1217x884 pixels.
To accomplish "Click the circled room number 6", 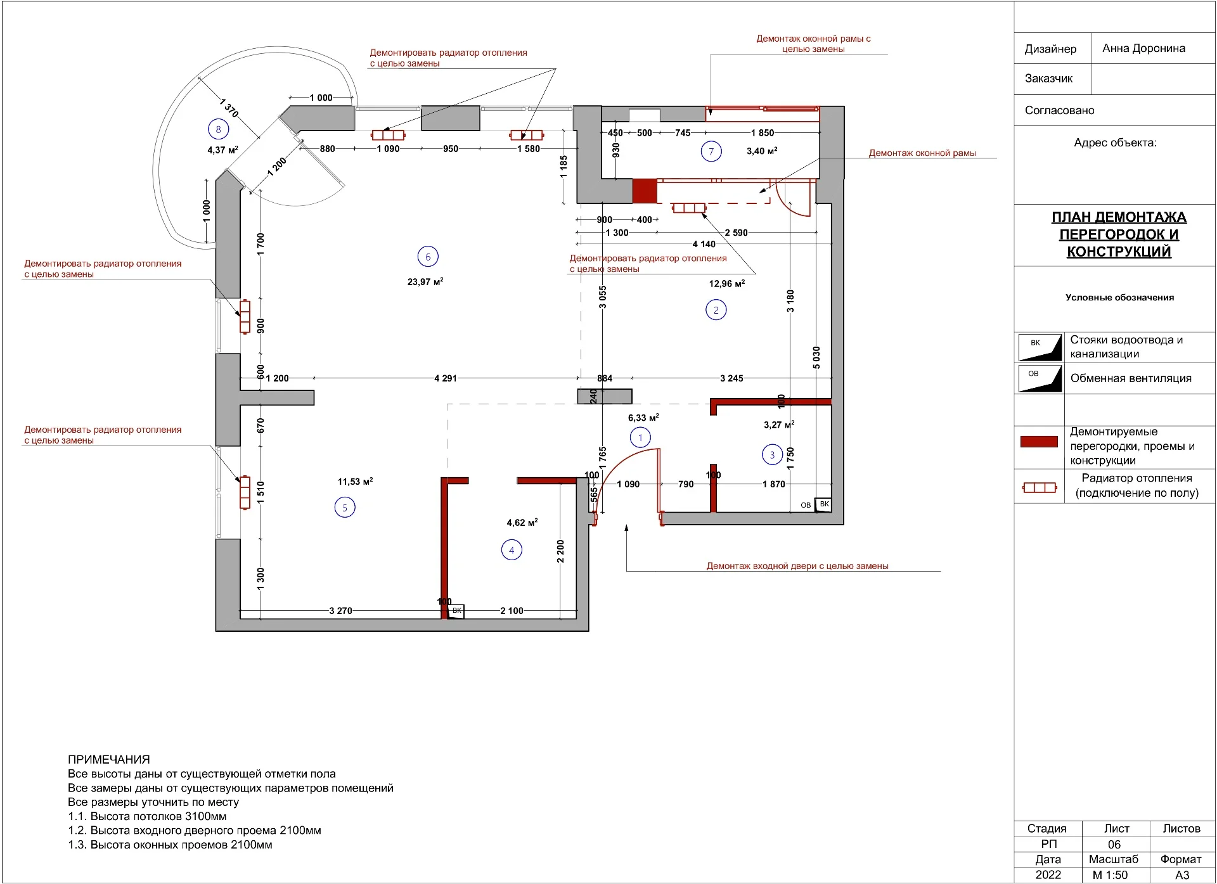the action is click(428, 257).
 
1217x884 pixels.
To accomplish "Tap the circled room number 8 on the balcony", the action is click(218, 129).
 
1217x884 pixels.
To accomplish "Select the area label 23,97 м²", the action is click(425, 282).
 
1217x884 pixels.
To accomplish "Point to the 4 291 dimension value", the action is click(446, 378).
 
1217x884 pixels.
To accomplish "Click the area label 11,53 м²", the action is click(355, 482).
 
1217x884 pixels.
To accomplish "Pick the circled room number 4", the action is click(512, 550).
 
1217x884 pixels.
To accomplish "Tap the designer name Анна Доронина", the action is click(1143, 49).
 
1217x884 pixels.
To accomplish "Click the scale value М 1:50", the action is click(1110, 875).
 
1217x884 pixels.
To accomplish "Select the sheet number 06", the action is click(1114, 845).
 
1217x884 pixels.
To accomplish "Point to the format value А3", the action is click(1182, 875).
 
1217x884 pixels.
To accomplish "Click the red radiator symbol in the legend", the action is click(1040, 488).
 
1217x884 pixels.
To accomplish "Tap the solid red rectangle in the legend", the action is click(1039, 442).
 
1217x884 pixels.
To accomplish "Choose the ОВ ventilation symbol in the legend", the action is click(1040, 378).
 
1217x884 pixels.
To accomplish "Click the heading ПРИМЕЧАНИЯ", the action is click(109, 759).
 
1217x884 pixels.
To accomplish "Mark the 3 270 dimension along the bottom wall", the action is click(340, 611).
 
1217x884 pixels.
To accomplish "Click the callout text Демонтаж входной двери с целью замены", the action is click(797, 566).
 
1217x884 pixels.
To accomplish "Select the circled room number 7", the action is click(711, 151).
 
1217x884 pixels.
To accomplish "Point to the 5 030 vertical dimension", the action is click(816, 357).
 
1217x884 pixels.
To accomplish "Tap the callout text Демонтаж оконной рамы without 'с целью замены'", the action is click(922, 153).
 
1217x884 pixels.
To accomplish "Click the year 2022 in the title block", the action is click(1048, 875).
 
